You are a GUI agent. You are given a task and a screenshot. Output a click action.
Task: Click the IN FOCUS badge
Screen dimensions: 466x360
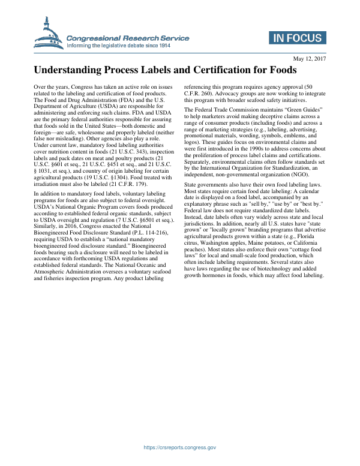coord(297,38)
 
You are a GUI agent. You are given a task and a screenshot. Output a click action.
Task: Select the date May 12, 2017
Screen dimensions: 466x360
coord(309,58)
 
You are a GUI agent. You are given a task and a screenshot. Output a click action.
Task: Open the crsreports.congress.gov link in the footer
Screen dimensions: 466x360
coord(179,447)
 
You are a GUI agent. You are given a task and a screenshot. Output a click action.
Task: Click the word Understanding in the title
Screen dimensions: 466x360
coord(72,71)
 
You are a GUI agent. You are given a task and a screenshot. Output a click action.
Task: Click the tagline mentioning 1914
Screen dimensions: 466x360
coord(127,46)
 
